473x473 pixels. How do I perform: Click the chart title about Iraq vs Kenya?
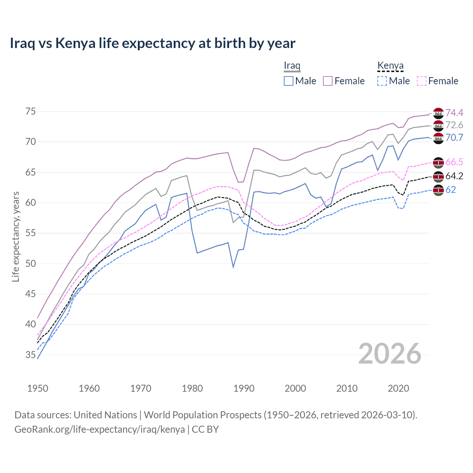(152, 43)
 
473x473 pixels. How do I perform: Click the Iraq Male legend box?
(289, 81)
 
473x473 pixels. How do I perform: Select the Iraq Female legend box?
(328, 81)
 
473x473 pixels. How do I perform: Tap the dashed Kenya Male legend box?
(382, 81)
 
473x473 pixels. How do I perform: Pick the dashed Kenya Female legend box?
(422, 81)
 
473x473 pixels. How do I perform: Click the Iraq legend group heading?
(292, 65)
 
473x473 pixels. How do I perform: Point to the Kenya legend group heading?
(390, 65)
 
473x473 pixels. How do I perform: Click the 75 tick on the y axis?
(31, 112)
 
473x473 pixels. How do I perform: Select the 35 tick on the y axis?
(31, 355)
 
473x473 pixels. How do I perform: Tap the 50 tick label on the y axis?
(31, 264)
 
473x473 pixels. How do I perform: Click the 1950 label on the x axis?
(38, 388)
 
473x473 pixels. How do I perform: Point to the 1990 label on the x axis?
(244, 388)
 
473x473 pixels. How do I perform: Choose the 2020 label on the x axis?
(398, 388)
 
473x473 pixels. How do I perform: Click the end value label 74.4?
(454, 113)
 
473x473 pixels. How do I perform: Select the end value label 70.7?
(454, 138)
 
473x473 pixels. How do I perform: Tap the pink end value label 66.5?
(454, 162)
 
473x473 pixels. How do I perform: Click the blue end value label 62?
(451, 190)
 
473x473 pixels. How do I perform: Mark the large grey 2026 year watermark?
(390, 354)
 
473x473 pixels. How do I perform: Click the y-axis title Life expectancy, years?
(16, 236)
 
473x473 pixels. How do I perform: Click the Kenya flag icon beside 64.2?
(438, 177)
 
